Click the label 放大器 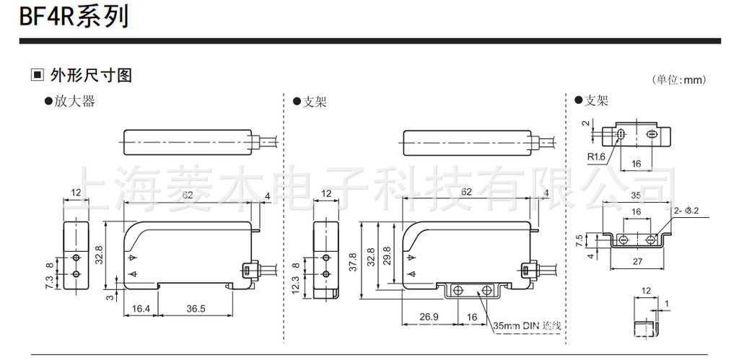click(x=74, y=102)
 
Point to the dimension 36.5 click(x=196, y=309)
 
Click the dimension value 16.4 click(x=141, y=309)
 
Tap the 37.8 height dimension click(x=354, y=259)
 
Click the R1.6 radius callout click(x=595, y=157)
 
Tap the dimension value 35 click(x=635, y=195)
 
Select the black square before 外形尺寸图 click(x=37, y=76)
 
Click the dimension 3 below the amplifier click(x=109, y=296)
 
